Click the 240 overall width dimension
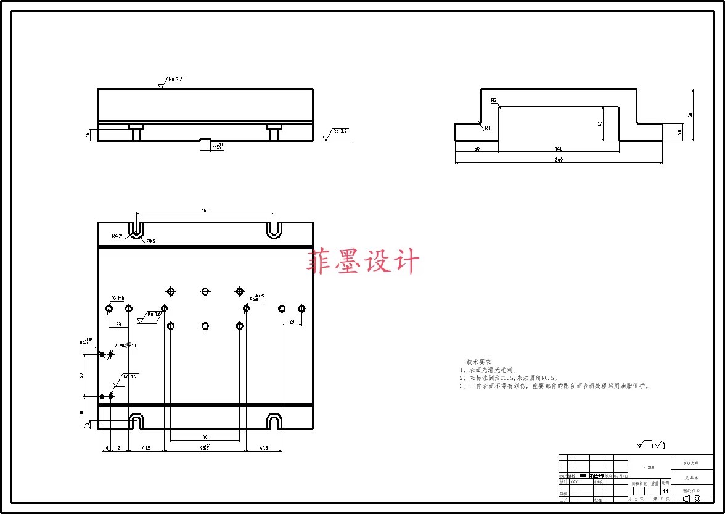tap(559, 160)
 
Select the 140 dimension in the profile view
tap(559, 149)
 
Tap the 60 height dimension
tap(690, 115)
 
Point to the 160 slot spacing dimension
tap(205, 211)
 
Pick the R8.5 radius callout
tap(150, 242)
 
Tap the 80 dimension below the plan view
tap(205, 437)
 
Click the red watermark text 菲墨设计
tap(363, 261)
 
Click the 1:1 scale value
tap(666, 491)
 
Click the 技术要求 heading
tap(478, 362)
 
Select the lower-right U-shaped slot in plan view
tap(274, 422)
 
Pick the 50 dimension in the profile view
tap(477, 149)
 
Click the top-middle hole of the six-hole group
tap(205, 291)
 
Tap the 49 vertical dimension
tap(81, 375)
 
